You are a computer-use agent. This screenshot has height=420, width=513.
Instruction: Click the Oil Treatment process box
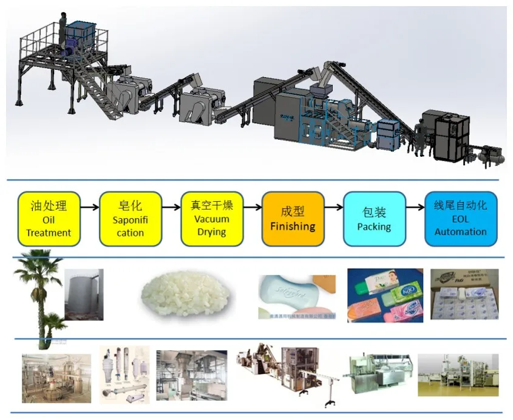coord(49,219)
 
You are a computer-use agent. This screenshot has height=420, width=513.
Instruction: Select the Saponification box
coord(131,219)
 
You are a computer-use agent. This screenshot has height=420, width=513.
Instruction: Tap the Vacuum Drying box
coord(211,219)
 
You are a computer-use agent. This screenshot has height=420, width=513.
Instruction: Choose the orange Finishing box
coord(293,219)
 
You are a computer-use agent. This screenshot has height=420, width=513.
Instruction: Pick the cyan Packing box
coord(374,219)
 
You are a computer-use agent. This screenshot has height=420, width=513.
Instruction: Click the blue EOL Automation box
coord(460,219)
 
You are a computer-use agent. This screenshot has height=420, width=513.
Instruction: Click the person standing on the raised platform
coord(63,27)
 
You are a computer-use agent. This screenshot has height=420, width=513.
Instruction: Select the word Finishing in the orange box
coord(293,227)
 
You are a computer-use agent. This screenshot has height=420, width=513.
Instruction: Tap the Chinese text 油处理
coord(49,206)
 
